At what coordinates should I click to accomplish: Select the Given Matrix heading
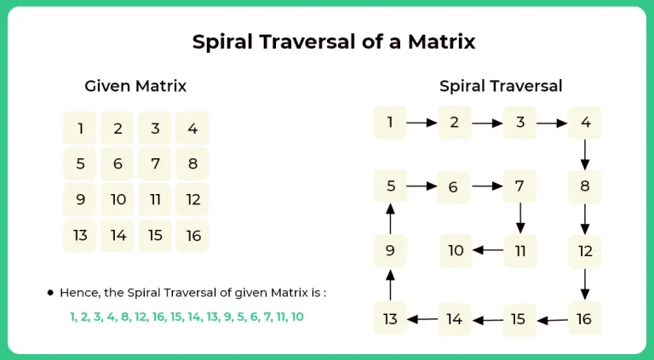[x=135, y=86]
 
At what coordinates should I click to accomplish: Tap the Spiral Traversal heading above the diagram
[x=501, y=86]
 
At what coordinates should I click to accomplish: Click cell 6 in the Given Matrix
[x=118, y=164]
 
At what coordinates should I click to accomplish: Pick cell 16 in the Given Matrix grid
[x=192, y=236]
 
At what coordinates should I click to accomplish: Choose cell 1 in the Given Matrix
[x=80, y=129]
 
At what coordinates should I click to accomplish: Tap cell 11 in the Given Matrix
[x=155, y=200]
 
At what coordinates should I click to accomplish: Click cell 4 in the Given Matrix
[x=192, y=129]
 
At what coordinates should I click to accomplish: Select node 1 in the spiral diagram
[x=390, y=123]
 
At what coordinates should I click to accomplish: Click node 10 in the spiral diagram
[x=456, y=250]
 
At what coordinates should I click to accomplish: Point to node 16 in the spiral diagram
[x=584, y=319]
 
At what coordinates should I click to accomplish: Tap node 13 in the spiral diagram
[x=390, y=319]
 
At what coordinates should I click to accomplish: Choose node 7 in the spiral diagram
[x=520, y=186]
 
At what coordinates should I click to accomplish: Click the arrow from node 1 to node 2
[x=422, y=123]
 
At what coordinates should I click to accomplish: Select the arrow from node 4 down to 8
[x=585, y=154]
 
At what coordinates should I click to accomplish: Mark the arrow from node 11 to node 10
[x=488, y=250]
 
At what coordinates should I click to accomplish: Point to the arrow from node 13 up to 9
[x=390, y=285]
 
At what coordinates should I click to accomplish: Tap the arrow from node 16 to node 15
[x=553, y=320]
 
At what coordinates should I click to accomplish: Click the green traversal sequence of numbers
[x=186, y=317]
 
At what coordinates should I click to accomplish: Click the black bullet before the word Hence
[x=50, y=292]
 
